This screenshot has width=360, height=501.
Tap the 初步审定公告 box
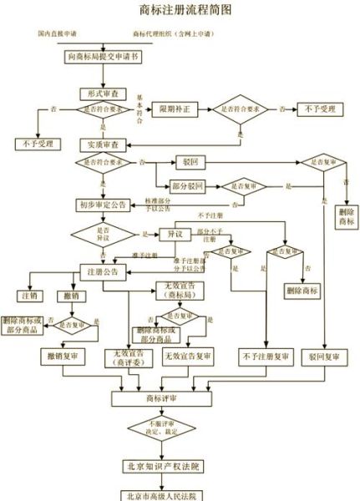click(102, 205)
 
